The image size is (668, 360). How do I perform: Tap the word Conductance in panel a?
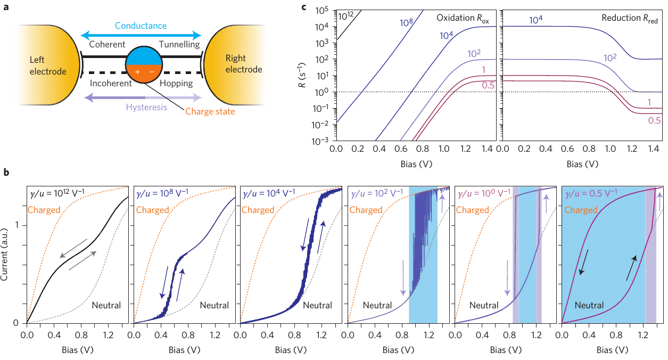click(x=141, y=26)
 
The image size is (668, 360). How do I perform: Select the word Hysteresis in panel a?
click(x=146, y=107)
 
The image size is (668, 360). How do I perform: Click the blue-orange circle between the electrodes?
click(x=141, y=66)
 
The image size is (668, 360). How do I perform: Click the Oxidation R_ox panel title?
click(x=463, y=17)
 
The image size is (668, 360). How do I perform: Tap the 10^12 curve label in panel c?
click(x=347, y=15)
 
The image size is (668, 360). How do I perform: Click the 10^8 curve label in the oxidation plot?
click(x=407, y=23)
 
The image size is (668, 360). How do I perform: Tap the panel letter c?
click(x=304, y=7)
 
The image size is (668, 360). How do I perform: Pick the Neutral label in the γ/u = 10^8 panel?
click(x=215, y=305)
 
